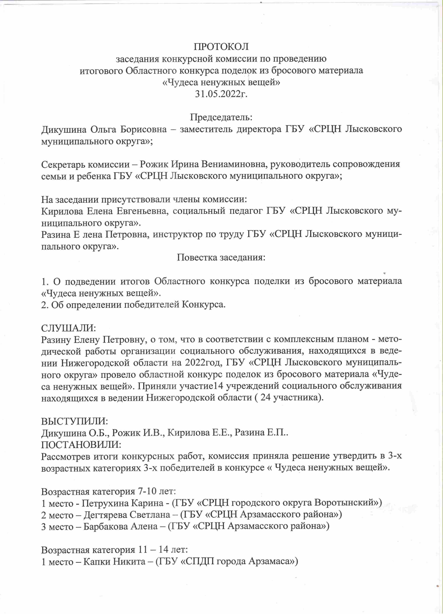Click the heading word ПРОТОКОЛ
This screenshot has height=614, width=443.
point(221,47)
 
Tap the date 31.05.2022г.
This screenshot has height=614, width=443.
point(221,94)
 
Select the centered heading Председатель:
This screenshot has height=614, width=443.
point(221,117)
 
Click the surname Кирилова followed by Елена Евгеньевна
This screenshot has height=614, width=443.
point(62,211)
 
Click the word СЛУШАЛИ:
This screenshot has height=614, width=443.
point(69,328)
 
